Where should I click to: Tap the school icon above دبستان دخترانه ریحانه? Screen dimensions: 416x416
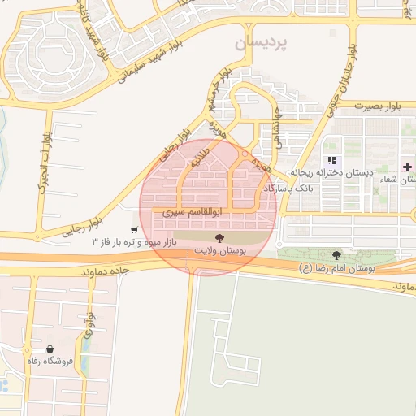click(331, 160)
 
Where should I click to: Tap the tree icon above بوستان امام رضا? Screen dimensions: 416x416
click(336, 254)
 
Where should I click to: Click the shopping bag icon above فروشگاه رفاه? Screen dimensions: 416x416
click(50, 348)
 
